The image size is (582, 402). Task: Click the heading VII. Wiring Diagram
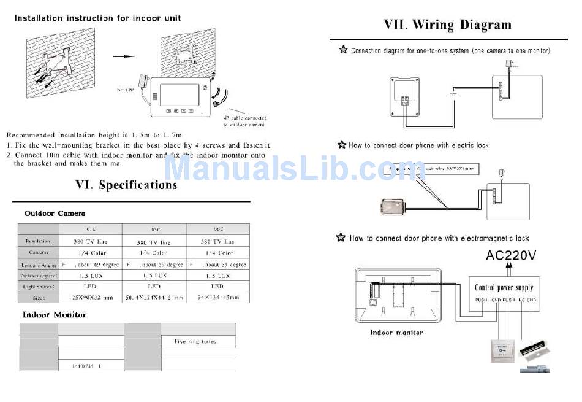(x=447, y=25)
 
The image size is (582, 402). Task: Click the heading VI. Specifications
(x=126, y=185)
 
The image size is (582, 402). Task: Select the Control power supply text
(x=504, y=287)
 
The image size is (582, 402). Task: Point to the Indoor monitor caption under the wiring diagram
(x=396, y=332)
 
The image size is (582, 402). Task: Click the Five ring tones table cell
(x=195, y=341)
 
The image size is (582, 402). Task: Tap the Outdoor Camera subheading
(x=55, y=214)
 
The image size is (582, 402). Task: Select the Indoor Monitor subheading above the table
(x=55, y=315)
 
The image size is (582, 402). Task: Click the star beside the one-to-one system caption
(x=343, y=50)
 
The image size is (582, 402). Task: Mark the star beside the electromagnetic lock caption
(x=341, y=238)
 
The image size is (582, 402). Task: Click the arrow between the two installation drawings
(x=125, y=56)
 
